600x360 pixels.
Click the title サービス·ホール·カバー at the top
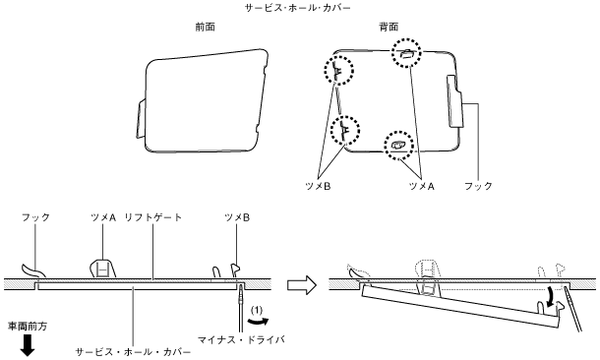coord(298,8)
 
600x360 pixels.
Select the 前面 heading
coord(206,27)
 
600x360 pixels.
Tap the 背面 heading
coord(389,27)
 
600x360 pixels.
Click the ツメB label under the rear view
coord(318,186)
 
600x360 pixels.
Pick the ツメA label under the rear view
coord(422,186)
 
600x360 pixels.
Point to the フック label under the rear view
coord(478,186)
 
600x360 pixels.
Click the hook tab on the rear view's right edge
coord(455,101)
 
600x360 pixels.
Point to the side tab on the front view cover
coord(141,118)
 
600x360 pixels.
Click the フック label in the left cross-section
coord(35,217)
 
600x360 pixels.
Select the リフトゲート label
coord(153,217)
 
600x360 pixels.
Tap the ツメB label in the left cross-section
coord(237,217)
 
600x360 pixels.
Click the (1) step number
coord(257,310)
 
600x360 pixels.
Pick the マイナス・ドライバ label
coord(241,339)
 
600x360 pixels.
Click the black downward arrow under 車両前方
coord(28,345)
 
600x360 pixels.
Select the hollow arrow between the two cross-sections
coord(302,285)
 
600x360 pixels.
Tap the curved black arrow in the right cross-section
coord(552,298)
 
